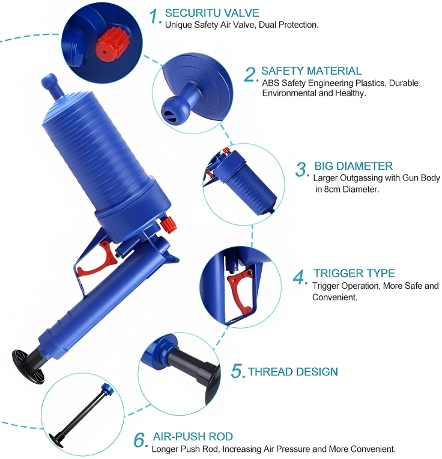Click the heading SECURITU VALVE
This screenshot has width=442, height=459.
coord(212,13)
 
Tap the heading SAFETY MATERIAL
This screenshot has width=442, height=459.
coord(311,71)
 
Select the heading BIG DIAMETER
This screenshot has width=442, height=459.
coord(353,166)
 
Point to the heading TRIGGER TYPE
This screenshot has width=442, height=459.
coord(354,273)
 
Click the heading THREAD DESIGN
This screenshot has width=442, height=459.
coord(292,372)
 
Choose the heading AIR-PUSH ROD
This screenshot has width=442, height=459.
coord(193,437)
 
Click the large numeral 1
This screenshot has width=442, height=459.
coord(155,16)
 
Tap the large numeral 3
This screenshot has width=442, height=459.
coord(302,170)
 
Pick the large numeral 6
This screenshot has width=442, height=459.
coord(141,440)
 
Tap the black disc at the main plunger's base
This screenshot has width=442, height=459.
coord(28,366)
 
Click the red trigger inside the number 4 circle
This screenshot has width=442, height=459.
coord(240,291)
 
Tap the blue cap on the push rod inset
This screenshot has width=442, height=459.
coord(106,389)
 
